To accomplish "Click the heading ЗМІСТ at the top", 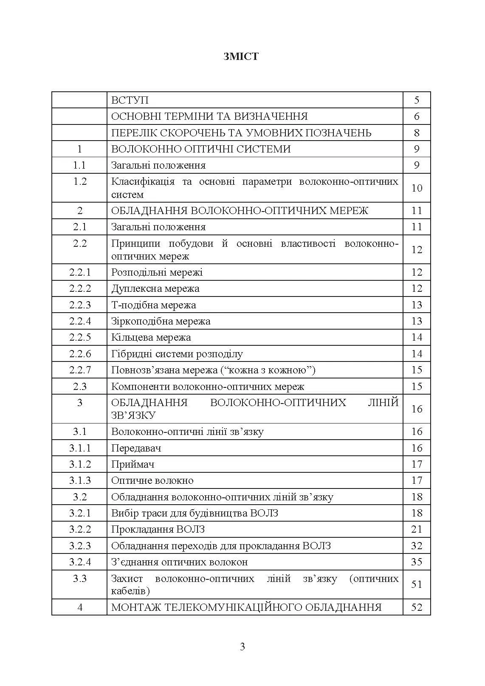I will click(x=241, y=56).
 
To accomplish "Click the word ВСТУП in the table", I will click(x=130, y=100).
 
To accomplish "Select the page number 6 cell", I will click(x=417, y=116).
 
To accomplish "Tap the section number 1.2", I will click(x=80, y=181).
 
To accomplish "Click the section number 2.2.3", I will click(x=80, y=305).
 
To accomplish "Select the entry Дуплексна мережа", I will click(x=155, y=288).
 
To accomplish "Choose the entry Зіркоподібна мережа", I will click(x=161, y=321).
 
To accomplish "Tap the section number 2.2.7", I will click(x=80, y=370).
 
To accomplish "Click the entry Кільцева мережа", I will click(x=151, y=337).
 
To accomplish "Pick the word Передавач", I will click(x=136, y=448).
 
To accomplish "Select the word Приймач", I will click(x=133, y=464).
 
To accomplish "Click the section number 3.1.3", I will click(x=80, y=480).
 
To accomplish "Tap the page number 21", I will click(x=417, y=529).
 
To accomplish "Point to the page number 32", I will click(x=417, y=545).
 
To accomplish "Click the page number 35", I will click(x=417, y=562).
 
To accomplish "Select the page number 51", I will click(x=417, y=584).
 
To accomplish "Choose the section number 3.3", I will click(x=80, y=578).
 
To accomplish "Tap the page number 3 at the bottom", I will click(x=242, y=647).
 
